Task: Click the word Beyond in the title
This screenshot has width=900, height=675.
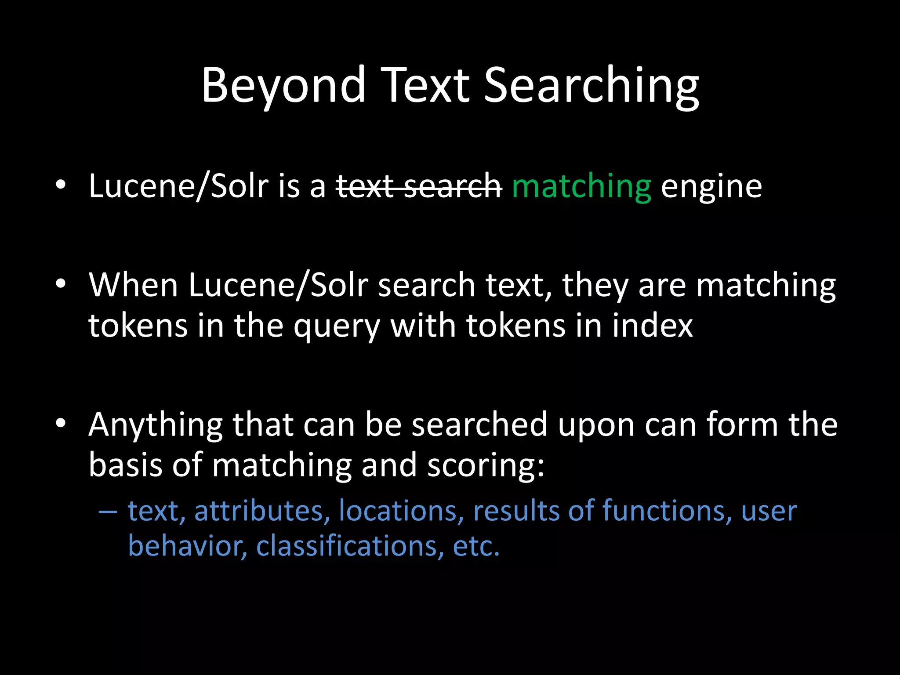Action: click(x=283, y=86)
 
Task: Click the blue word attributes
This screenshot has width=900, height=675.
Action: click(x=262, y=511)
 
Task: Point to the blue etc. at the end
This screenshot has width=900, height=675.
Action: click(x=476, y=547)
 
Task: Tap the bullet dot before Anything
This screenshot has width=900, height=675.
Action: click(x=61, y=423)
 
